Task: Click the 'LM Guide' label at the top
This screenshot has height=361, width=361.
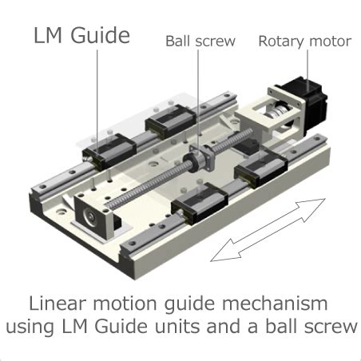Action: coord(81,35)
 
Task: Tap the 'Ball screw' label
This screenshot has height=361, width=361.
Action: coord(200,42)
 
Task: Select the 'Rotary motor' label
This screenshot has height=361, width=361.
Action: coord(305,42)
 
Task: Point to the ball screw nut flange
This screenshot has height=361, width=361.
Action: coord(203,157)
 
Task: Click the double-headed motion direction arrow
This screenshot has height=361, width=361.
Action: coord(268,230)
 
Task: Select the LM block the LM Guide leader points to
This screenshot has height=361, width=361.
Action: coord(109,152)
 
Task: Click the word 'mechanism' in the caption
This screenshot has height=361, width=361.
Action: coord(275,303)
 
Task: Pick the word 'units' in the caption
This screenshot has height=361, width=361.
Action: coord(178,327)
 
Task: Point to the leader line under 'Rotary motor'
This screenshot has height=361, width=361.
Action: coord(307,69)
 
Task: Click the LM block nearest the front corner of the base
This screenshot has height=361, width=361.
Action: coord(200,203)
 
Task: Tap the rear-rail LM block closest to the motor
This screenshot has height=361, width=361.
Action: coord(170,121)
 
